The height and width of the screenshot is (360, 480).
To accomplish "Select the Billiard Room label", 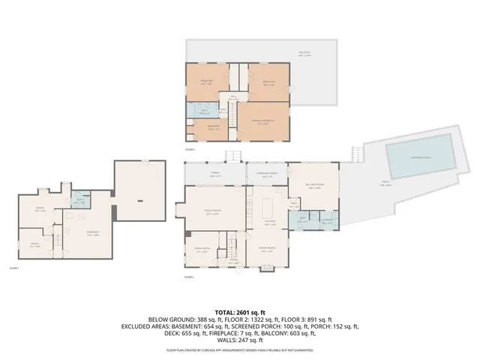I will tap(313, 184).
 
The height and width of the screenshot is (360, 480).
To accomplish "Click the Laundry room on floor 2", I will tap(325, 220).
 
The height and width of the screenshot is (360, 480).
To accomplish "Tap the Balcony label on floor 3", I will tap(304, 52).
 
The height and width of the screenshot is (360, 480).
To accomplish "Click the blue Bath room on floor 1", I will tap(79, 201).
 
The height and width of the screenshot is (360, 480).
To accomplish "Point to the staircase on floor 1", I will tap(55, 241).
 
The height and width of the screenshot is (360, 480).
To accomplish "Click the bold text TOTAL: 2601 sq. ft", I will tap(240, 312).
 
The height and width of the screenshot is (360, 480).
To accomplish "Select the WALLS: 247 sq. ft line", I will tap(240, 341).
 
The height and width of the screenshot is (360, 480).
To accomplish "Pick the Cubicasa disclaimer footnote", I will tap(240, 350).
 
